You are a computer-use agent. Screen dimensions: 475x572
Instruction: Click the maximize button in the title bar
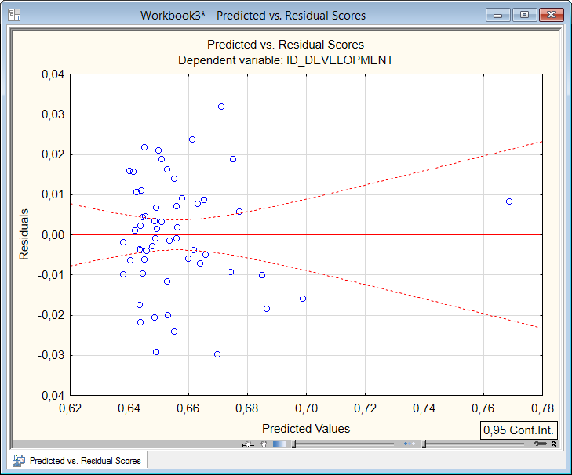point(524,15)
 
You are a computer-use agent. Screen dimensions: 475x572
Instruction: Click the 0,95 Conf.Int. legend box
point(519,430)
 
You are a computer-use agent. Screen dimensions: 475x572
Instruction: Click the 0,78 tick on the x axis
point(542,408)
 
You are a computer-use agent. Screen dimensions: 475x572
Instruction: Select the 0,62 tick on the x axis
point(71,408)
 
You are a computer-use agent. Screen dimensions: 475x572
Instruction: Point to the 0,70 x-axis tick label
point(306,408)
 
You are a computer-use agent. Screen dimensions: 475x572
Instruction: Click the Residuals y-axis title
point(24,234)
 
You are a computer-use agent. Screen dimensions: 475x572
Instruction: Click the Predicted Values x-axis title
point(306,429)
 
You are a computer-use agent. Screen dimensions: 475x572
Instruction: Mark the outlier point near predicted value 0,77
point(509,201)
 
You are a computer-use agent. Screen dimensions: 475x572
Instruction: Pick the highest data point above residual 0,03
point(221,107)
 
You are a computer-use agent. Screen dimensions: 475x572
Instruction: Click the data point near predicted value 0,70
point(303,299)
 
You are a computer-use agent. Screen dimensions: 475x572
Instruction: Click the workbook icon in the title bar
point(14,15)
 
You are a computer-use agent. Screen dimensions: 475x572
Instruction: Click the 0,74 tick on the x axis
point(424,408)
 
